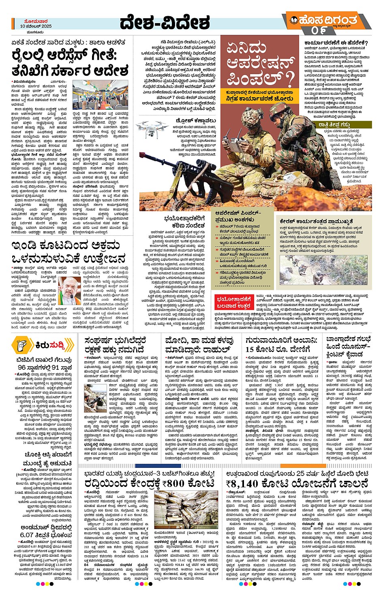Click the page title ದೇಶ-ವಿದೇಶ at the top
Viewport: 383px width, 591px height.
[165, 23]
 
